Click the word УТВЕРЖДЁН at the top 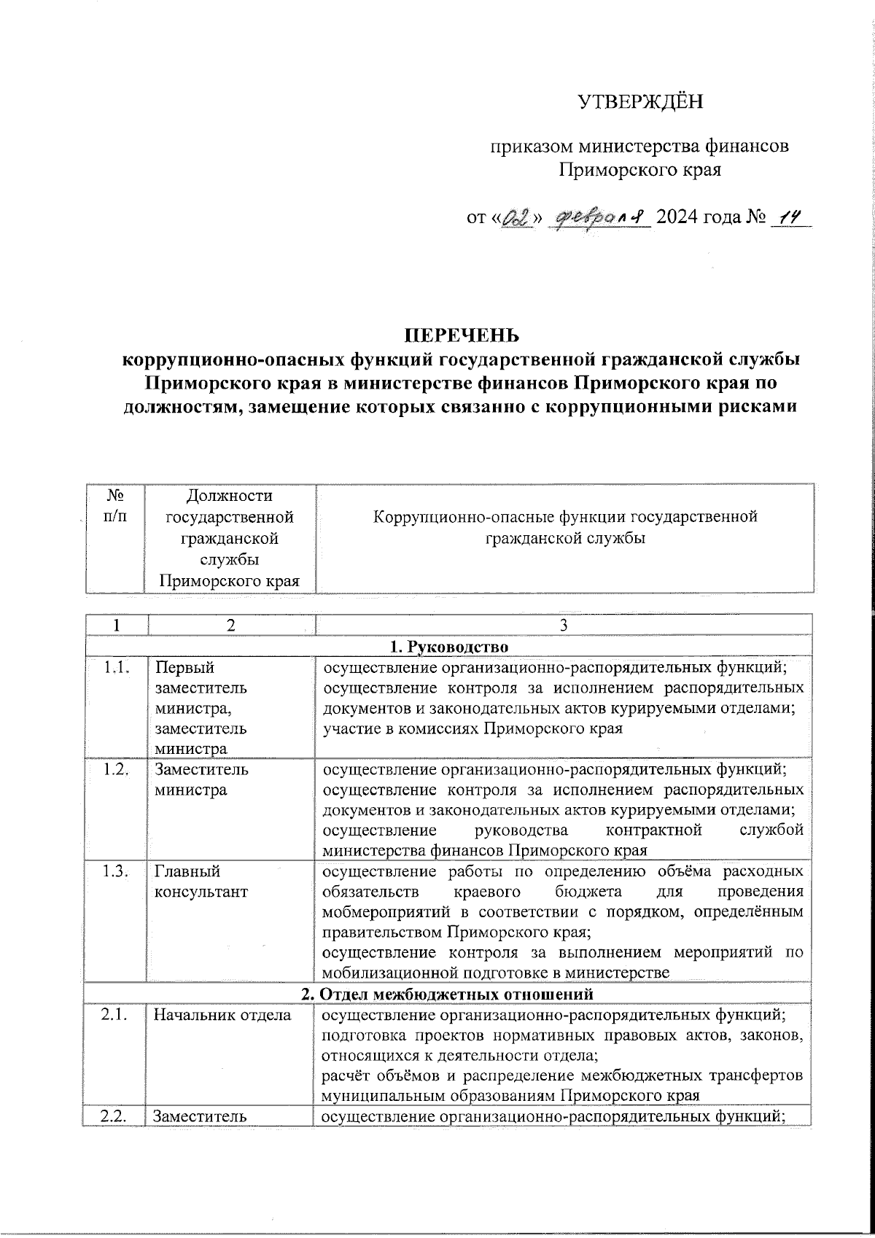(x=641, y=102)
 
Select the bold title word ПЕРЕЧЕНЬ (x=462, y=335)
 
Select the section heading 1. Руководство (x=450, y=646)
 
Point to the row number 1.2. (x=116, y=770)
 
